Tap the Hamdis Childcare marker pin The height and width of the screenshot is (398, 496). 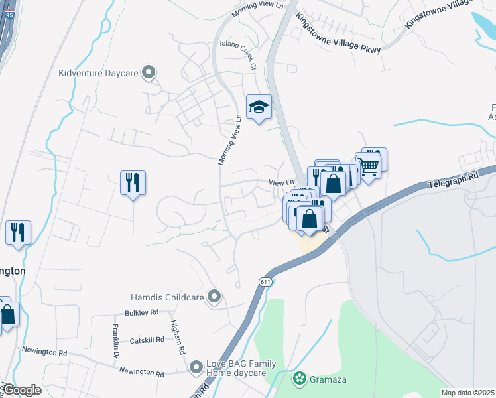click(214, 297)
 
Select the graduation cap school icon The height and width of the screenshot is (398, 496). click(259, 107)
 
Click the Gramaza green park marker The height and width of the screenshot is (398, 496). click(299, 379)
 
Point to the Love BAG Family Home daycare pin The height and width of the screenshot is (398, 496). click(196, 367)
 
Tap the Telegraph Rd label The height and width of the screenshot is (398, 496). click(453, 179)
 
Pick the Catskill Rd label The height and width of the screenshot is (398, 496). click(147, 340)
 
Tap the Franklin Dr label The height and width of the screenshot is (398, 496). click(115, 346)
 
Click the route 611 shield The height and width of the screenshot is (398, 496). click(265, 282)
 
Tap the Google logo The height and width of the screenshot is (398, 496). click(22, 390)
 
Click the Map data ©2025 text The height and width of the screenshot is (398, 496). click(467, 393)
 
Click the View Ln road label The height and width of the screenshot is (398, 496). click(280, 182)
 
